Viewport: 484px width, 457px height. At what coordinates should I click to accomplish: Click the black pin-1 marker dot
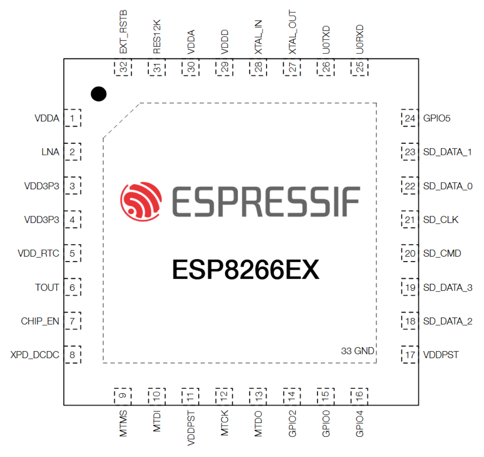coord(99,94)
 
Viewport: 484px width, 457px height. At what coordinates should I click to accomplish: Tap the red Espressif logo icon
coord(141,202)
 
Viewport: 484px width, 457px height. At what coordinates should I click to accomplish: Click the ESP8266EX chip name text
coord(246,270)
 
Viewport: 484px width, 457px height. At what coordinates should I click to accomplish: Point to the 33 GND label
coord(357,351)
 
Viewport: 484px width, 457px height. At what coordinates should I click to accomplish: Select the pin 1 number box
coord(72,118)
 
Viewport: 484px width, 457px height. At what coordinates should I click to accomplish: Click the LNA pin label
coord(50,152)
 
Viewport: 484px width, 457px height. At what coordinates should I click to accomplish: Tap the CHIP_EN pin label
coord(40,321)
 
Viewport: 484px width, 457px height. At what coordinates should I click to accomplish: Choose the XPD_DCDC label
coord(34,355)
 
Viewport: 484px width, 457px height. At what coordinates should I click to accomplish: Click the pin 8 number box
coord(72,355)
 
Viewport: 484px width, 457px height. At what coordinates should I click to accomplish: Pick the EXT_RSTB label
coord(123,32)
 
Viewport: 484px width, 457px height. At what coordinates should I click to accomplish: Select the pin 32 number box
coord(123,67)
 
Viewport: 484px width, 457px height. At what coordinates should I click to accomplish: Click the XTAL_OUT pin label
coord(292,32)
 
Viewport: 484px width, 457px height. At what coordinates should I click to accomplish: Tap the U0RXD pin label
coord(360,39)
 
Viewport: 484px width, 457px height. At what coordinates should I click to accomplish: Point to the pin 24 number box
coord(410,118)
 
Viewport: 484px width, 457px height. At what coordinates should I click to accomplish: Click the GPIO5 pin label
coord(437,118)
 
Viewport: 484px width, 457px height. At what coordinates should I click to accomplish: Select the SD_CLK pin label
coord(440,220)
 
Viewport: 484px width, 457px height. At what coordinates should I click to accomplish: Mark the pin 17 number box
coord(410,355)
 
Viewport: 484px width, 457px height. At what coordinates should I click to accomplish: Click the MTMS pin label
coord(123,424)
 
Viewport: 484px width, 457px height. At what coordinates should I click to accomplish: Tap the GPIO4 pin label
coord(360,424)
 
